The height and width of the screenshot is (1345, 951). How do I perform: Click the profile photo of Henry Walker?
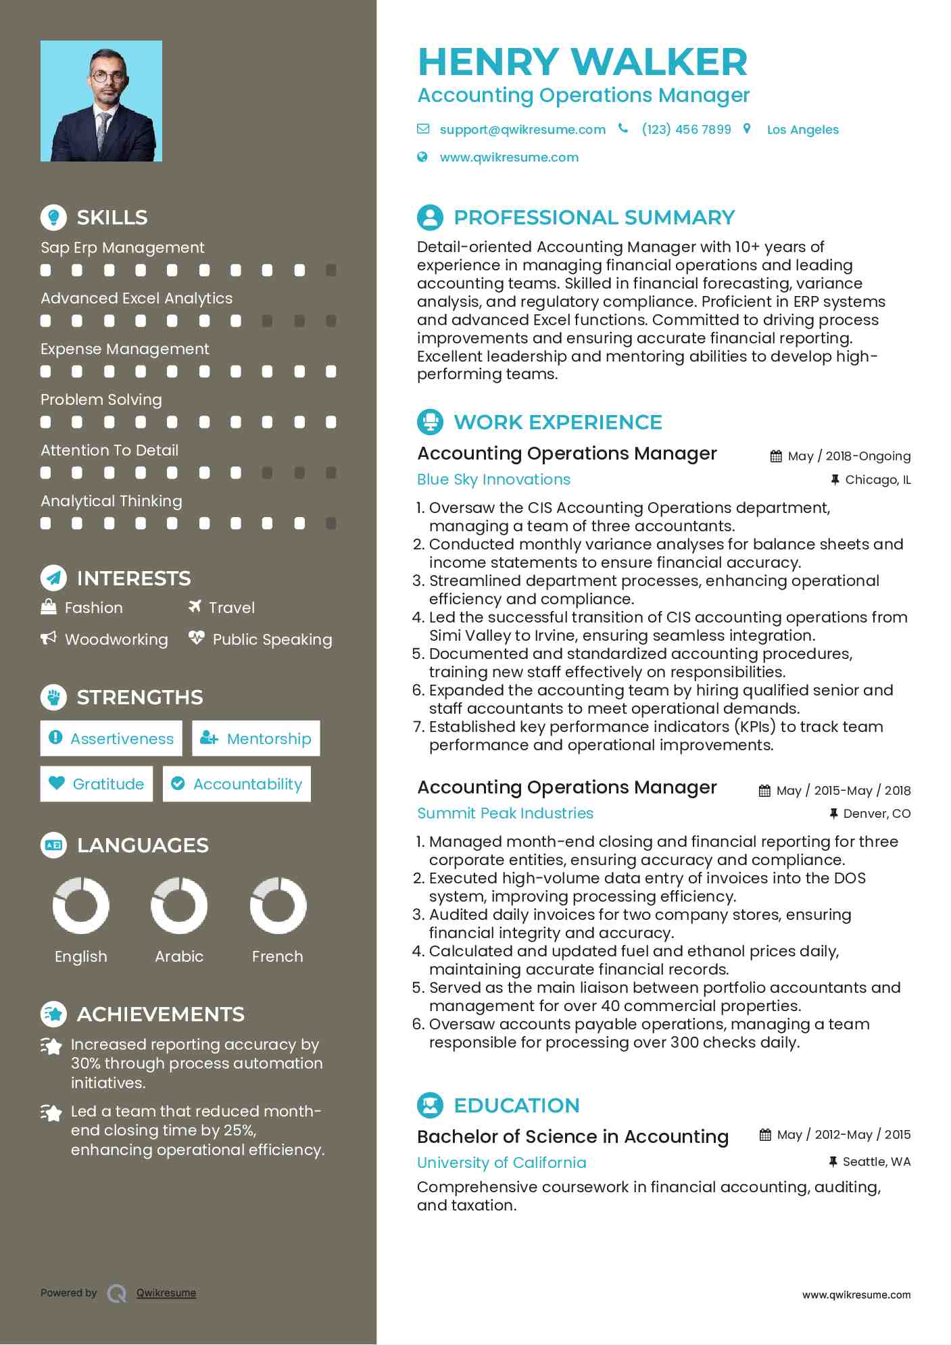[x=101, y=101]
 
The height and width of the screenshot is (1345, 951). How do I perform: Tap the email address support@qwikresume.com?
[x=522, y=130]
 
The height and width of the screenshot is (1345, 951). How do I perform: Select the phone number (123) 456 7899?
[x=686, y=130]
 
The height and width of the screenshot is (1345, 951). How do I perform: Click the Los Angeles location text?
[x=802, y=130]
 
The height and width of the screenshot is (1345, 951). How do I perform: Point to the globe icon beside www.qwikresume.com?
[x=422, y=157]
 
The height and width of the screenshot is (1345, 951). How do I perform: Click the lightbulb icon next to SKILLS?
[x=53, y=217]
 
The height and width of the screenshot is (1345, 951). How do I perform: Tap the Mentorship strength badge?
[x=256, y=738]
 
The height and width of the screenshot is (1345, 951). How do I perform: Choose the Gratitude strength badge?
[x=97, y=784]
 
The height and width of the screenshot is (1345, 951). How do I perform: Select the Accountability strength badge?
[x=237, y=784]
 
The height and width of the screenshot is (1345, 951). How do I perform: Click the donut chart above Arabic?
[x=179, y=906]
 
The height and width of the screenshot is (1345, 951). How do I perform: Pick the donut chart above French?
[x=278, y=906]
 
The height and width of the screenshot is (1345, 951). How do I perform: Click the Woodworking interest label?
[x=116, y=639]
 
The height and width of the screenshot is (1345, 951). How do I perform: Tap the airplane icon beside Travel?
[x=195, y=606]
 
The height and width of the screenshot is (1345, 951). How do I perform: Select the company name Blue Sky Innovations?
[x=493, y=480]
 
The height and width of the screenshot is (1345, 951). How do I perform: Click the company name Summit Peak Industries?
[x=505, y=814]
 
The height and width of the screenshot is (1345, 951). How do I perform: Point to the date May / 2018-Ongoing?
[x=849, y=456]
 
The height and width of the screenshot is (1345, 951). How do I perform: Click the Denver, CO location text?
[x=877, y=814]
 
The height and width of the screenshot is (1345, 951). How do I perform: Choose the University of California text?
[x=502, y=1163]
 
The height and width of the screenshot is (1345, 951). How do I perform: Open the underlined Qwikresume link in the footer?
[x=166, y=1293]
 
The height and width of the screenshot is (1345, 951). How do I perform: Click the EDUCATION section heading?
[x=516, y=1106]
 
